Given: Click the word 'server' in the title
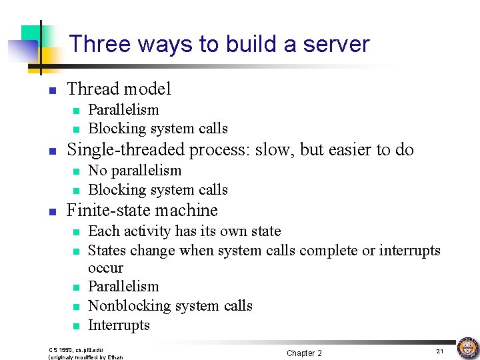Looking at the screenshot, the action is pyautogui.click(x=336, y=44).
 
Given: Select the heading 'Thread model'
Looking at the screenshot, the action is pyautogui.click(x=119, y=89).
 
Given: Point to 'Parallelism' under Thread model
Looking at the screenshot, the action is pyautogui.click(x=123, y=109).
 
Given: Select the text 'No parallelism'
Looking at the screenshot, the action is pyautogui.click(x=135, y=170).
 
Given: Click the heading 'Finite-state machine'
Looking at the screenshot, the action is pyautogui.click(x=142, y=210).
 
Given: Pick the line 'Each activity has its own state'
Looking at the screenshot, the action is pyautogui.click(x=185, y=231).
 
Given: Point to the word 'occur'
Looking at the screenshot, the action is pyautogui.click(x=105, y=268).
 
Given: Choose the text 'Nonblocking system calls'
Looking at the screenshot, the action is pyautogui.click(x=170, y=305).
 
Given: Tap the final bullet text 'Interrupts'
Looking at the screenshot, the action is pyautogui.click(x=119, y=325).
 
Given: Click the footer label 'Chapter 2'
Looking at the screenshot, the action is pyautogui.click(x=304, y=353).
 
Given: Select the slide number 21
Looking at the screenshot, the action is pyautogui.click(x=439, y=351).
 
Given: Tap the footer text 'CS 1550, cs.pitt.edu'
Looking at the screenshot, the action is pyautogui.click(x=76, y=349).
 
